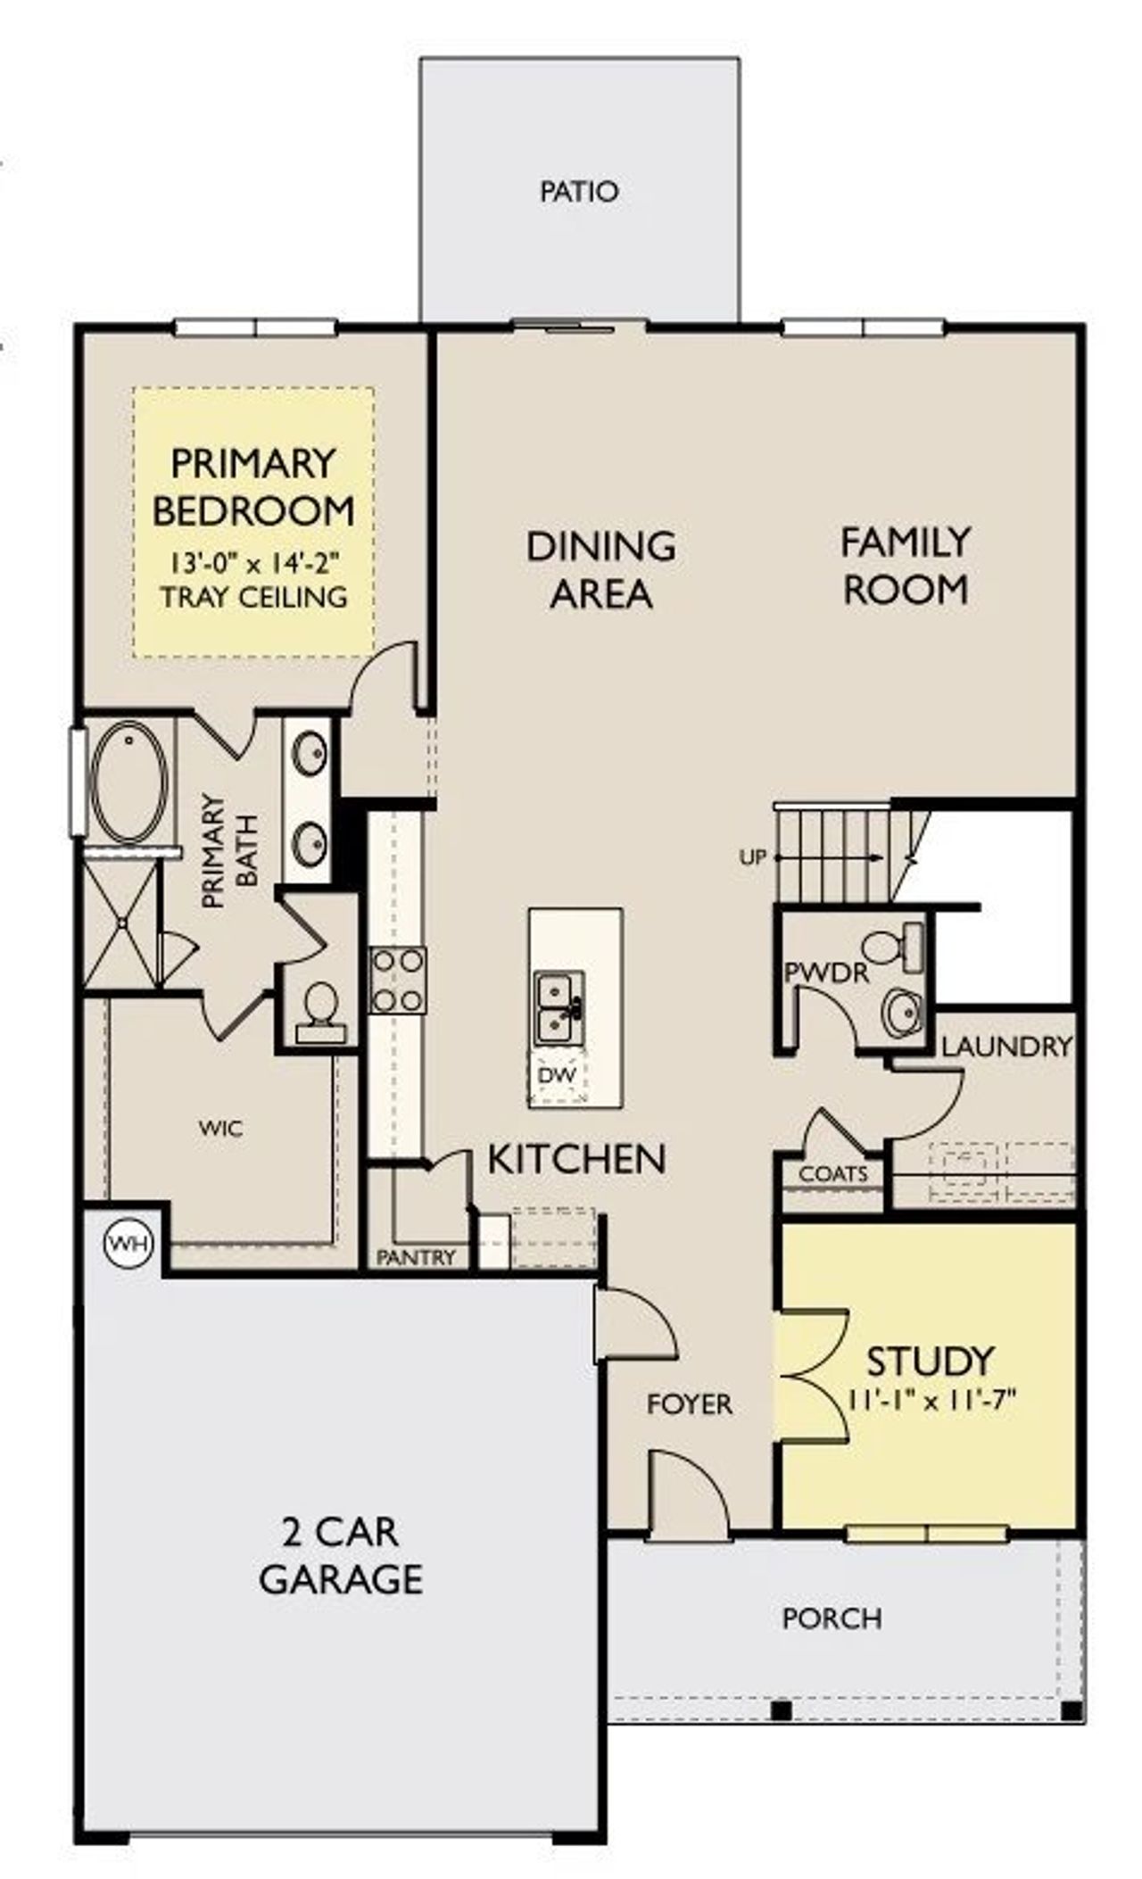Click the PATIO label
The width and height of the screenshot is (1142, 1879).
tap(579, 192)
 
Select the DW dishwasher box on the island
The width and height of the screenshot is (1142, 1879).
tap(558, 1076)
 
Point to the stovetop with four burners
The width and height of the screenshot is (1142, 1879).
tap(398, 980)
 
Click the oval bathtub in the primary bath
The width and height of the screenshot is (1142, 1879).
tap(130, 783)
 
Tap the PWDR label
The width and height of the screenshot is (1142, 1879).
tap(825, 973)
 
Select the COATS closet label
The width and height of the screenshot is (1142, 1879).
tap(833, 1174)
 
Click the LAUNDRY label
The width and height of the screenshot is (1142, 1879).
tap(1006, 1047)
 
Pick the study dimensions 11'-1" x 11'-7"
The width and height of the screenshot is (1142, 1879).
tap(931, 1400)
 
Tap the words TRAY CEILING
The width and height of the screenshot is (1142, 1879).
tap(254, 597)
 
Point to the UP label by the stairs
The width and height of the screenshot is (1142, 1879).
tap(753, 858)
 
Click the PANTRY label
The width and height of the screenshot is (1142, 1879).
tap(417, 1258)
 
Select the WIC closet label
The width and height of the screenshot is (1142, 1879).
tap(220, 1129)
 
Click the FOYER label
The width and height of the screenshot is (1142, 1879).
tap(690, 1404)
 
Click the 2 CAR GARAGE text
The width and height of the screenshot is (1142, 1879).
tap(340, 1555)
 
